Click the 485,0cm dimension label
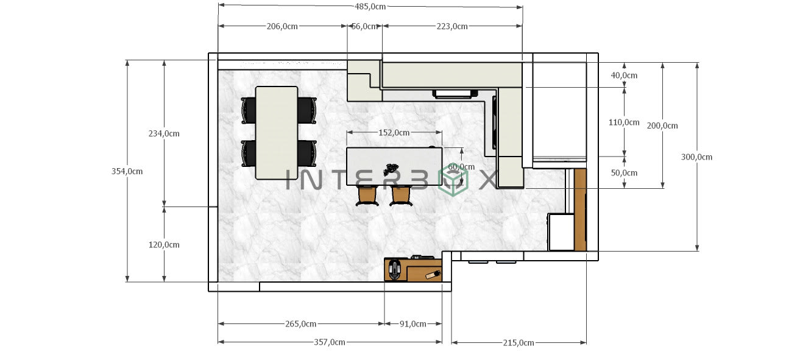[370, 7]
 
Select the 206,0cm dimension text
[282, 26]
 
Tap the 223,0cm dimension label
[452, 26]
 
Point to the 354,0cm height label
[127, 171]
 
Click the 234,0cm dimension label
[164, 133]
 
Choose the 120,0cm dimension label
[164, 245]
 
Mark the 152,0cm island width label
[394, 132]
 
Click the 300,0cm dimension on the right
[696, 157]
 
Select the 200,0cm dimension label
[662, 125]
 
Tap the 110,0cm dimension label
[624, 122]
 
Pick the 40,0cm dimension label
[623, 76]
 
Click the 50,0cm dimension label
[623, 173]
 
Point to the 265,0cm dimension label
[300, 324]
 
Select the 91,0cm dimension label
[412, 324]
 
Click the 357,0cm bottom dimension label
[330, 342]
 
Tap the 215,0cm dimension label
[519, 343]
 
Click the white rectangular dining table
[277, 133]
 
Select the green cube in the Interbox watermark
[453, 181]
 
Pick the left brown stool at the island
[367, 196]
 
